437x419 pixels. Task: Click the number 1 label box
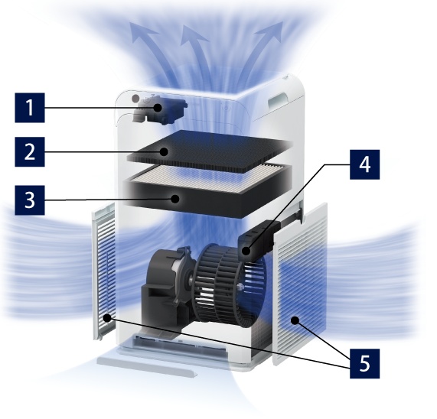click(30, 108)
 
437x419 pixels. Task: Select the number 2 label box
click(30, 151)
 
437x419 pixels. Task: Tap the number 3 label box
click(30, 200)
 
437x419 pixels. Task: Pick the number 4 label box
click(364, 164)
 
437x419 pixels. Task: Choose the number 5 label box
click(364, 364)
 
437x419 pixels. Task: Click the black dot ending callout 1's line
click(158, 108)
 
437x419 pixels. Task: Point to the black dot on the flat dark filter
click(164, 151)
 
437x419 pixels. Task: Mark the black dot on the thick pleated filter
click(175, 199)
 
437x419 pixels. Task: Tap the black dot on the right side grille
click(295, 320)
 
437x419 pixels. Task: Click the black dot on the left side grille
click(106, 317)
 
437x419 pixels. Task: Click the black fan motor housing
click(167, 287)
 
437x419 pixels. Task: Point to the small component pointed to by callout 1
click(159, 109)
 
